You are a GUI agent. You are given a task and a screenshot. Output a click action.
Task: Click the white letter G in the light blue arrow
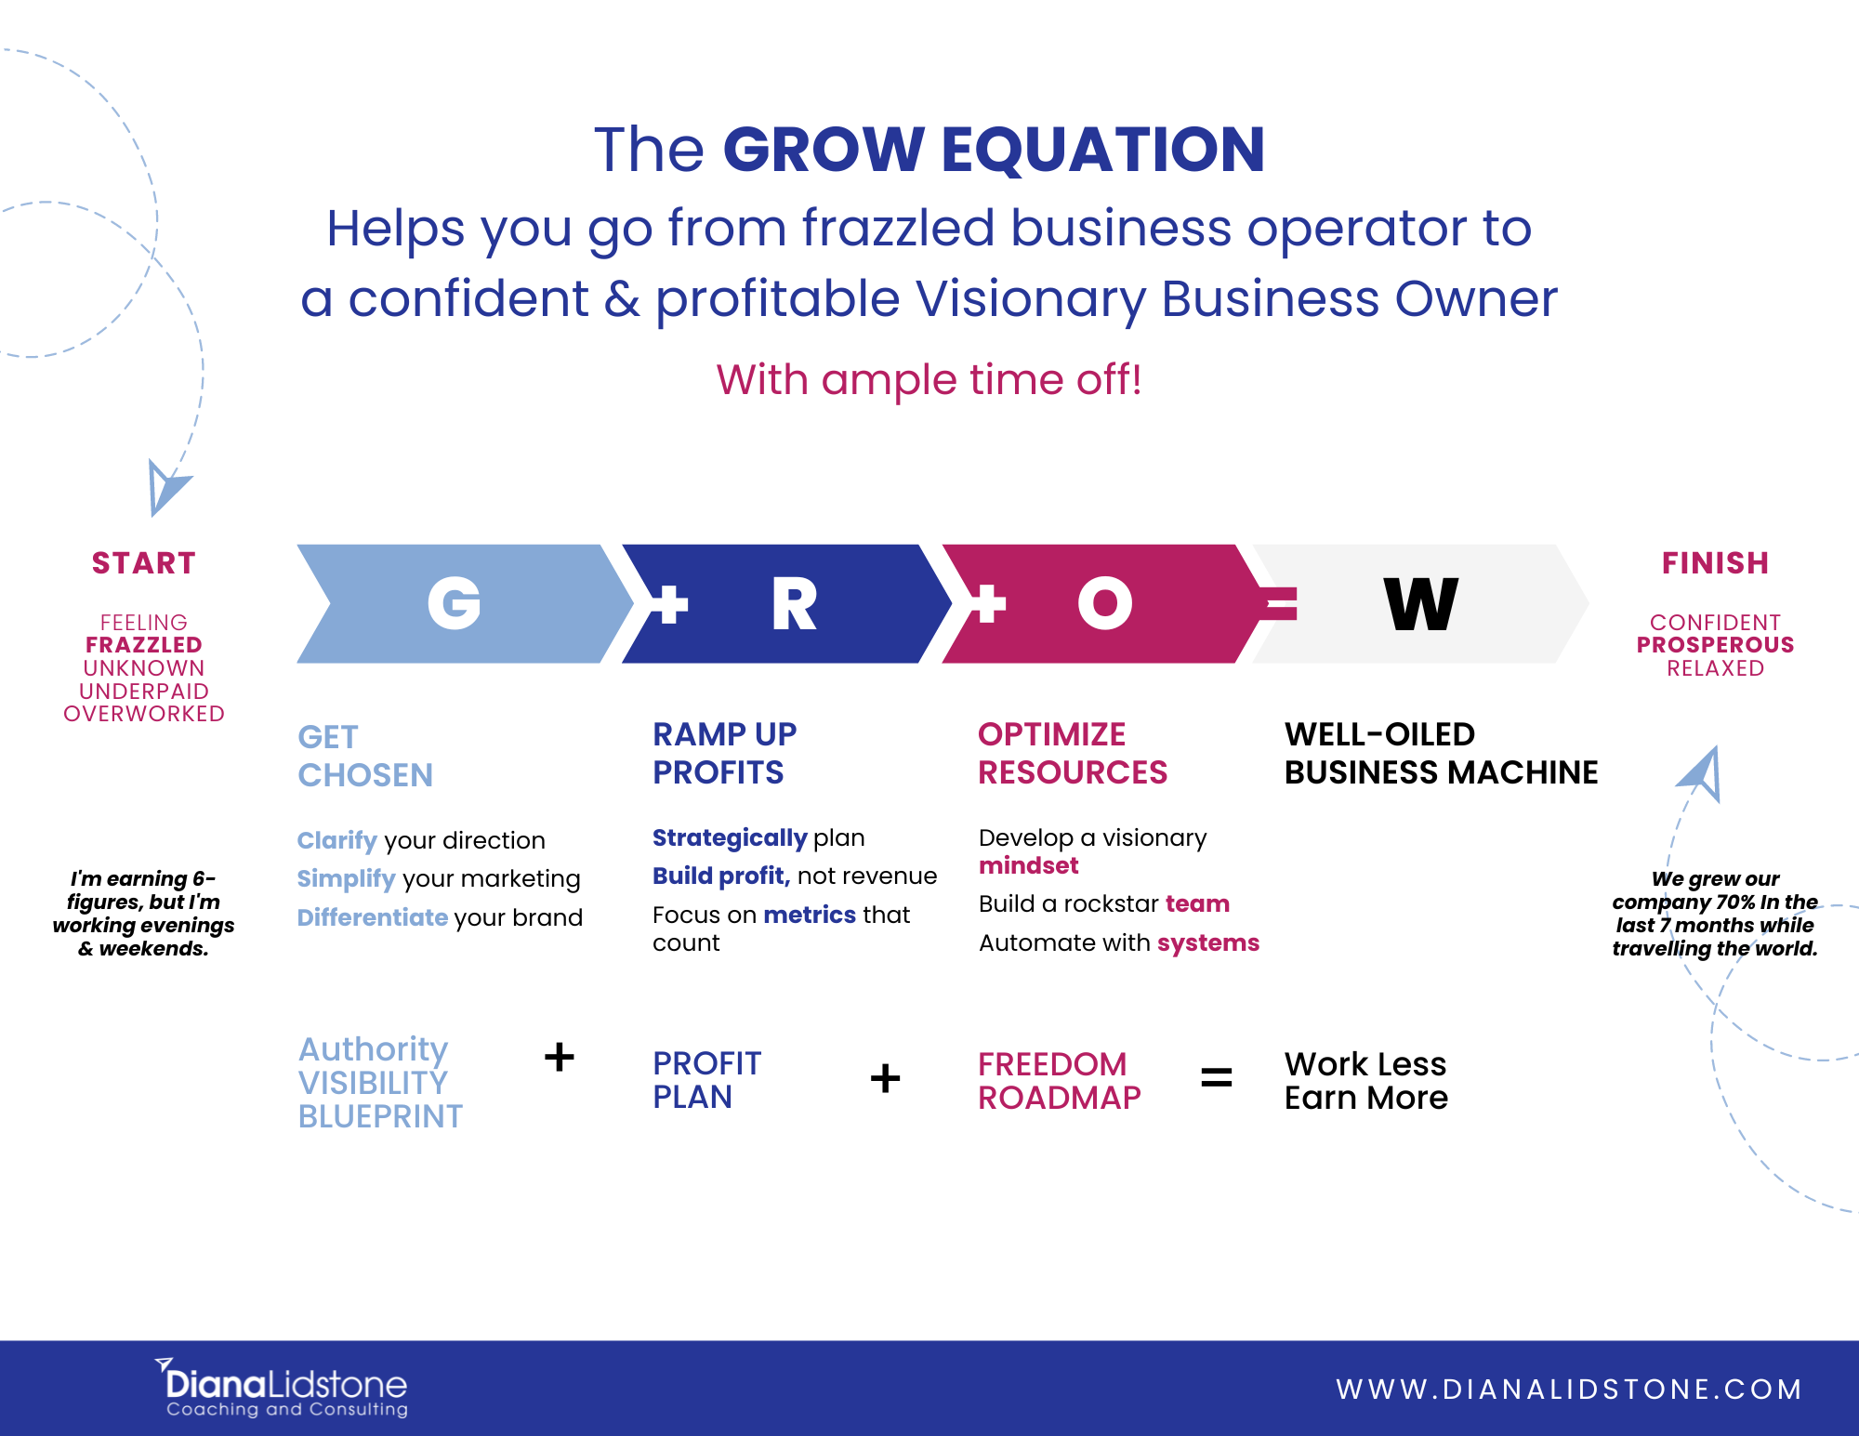455,603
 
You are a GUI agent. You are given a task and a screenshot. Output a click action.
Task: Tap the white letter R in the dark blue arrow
795,603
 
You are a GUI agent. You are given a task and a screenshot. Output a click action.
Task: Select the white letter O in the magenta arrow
1105,603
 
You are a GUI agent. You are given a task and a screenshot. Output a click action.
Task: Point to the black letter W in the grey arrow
1421,603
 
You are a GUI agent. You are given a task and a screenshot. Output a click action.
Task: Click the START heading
144,563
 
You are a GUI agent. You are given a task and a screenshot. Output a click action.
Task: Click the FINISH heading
1715,563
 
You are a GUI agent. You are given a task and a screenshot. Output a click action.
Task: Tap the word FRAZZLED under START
144,645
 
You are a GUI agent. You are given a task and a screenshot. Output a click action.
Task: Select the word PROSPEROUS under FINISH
1715,645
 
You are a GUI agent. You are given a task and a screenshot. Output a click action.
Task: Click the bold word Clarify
337,840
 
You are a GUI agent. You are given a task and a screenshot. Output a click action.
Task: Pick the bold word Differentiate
373,917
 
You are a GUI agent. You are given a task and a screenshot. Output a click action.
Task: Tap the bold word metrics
810,915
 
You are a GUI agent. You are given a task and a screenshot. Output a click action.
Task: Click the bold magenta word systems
1208,943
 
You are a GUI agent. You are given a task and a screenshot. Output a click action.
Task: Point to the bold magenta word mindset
1029,865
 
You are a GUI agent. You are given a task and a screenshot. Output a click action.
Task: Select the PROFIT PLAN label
707,1080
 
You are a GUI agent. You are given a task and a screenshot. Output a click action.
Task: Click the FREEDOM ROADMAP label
1060,1081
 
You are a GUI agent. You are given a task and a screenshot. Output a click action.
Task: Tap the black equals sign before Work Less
1217,1078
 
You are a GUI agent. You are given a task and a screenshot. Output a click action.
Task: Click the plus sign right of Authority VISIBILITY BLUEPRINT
560,1058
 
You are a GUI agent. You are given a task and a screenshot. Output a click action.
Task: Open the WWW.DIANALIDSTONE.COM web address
1570,1389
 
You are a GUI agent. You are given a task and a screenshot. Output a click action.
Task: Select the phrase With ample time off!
929,380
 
